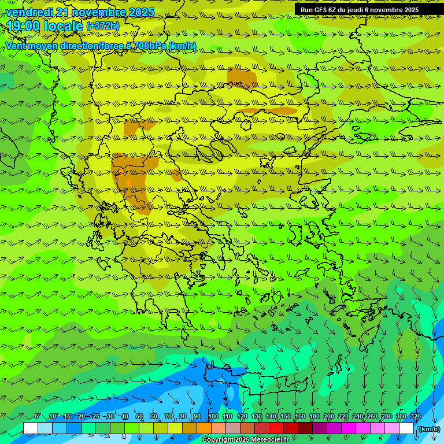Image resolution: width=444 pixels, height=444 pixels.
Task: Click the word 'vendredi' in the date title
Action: pyautogui.click(x=28, y=12)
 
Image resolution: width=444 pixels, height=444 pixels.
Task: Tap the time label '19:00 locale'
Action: pyautogui.click(x=45, y=26)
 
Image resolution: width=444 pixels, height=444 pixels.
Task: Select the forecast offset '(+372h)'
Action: pyautogui.click(x=103, y=26)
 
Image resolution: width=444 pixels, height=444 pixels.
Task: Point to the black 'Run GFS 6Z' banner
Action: pyautogui.click(x=359, y=10)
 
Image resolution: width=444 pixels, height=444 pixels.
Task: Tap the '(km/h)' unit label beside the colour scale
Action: pyautogui.click(x=428, y=429)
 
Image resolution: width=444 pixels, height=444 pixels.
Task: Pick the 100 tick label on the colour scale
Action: pyautogui.click(x=213, y=417)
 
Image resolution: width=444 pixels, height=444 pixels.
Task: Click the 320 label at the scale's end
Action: pyautogui.click(x=415, y=417)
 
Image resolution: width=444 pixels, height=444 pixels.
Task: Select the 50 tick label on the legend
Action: pyautogui.click(x=139, y=417)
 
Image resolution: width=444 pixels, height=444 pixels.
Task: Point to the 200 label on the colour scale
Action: pyautogui.click(x=329, y=417)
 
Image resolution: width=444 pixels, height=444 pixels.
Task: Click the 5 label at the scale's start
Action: pyautogui.click(x=38, y=417)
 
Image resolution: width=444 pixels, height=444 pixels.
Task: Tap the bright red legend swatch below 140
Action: pyautogui.click(x=276, y=428)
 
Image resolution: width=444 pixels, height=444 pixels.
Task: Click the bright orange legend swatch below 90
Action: pyautogui.click(x=204, y=428)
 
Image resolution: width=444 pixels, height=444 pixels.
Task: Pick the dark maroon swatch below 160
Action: pyautogui.click(x=305, y=428)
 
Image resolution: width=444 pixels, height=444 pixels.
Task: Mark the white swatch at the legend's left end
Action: pyautogui.click(x=31, y=428)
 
